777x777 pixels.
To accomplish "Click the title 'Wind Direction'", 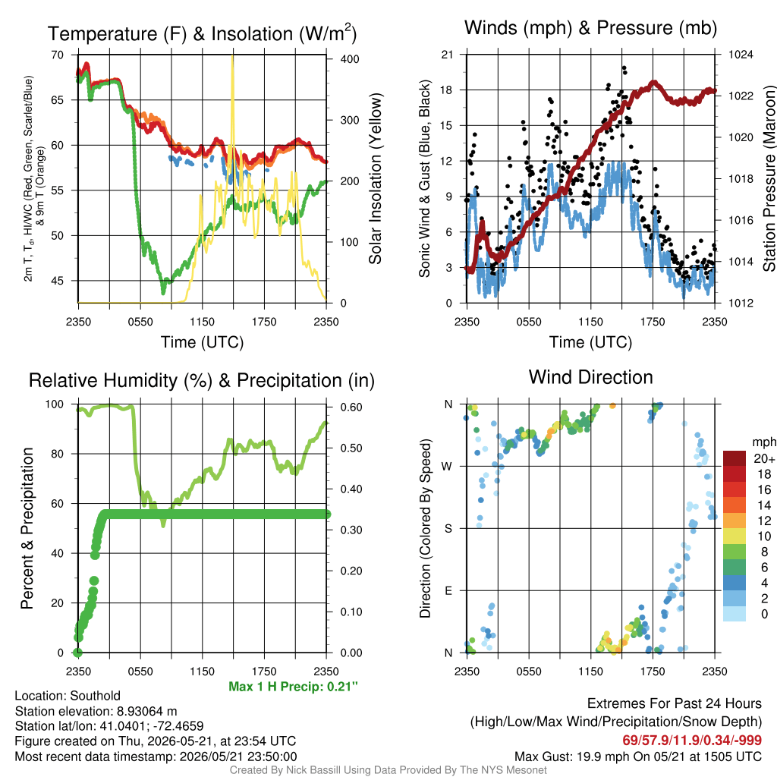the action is pos(590,377).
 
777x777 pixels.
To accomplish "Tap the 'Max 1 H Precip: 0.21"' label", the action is pos(293,686).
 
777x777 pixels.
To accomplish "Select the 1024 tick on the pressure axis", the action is pos(741,55).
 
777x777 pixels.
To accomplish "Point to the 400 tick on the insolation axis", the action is pos(350,59).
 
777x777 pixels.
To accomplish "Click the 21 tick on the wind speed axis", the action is pos(447,55).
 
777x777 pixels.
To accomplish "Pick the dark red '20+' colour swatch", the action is pos(735,458).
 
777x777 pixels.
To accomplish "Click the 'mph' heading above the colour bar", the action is pos(763,442).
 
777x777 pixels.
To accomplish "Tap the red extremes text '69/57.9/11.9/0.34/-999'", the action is pos(692,741).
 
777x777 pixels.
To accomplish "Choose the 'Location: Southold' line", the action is pos(68,696).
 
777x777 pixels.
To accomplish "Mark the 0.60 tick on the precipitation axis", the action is pos(351,407).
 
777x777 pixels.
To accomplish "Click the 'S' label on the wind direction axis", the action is pos(448,528).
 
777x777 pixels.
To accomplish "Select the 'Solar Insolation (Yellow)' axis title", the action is pos(375,178).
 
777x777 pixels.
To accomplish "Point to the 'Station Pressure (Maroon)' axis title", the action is pos(769,178).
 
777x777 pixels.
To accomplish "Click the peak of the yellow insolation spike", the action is pos(232,55).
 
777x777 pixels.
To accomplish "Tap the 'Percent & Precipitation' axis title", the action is pos(27,528).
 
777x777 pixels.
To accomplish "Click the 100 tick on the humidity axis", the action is pos(55,404).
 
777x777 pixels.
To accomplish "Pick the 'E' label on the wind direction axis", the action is pos(448,590).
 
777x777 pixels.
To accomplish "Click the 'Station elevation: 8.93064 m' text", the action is pos(96,711).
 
